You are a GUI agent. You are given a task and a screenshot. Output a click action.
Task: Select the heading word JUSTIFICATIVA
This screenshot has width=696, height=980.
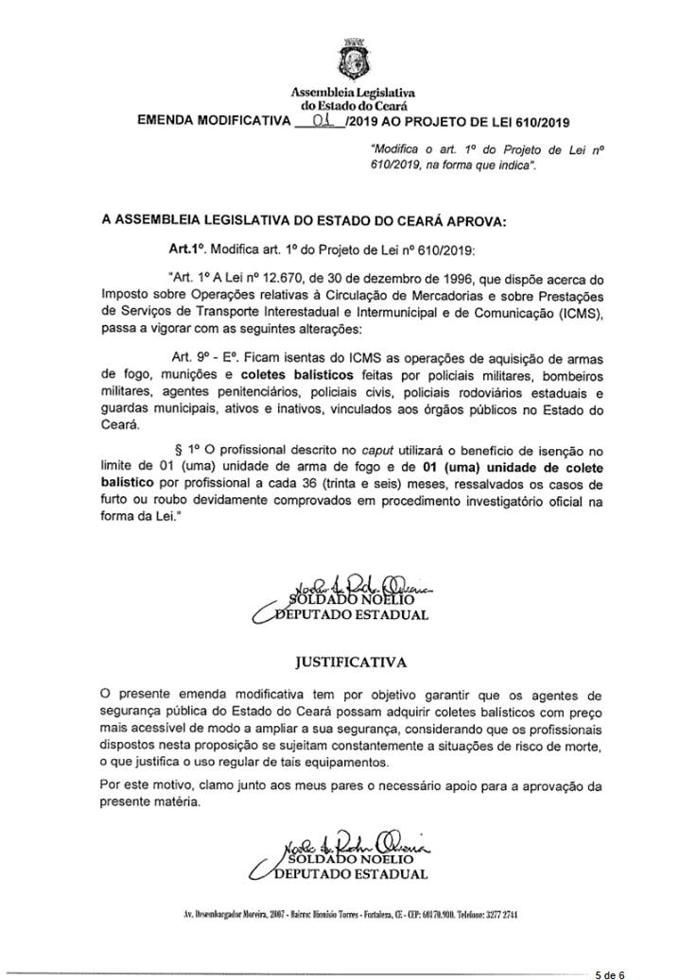[356, 651]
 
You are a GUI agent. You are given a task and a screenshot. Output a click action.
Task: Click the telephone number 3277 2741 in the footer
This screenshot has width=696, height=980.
[497, 916]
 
